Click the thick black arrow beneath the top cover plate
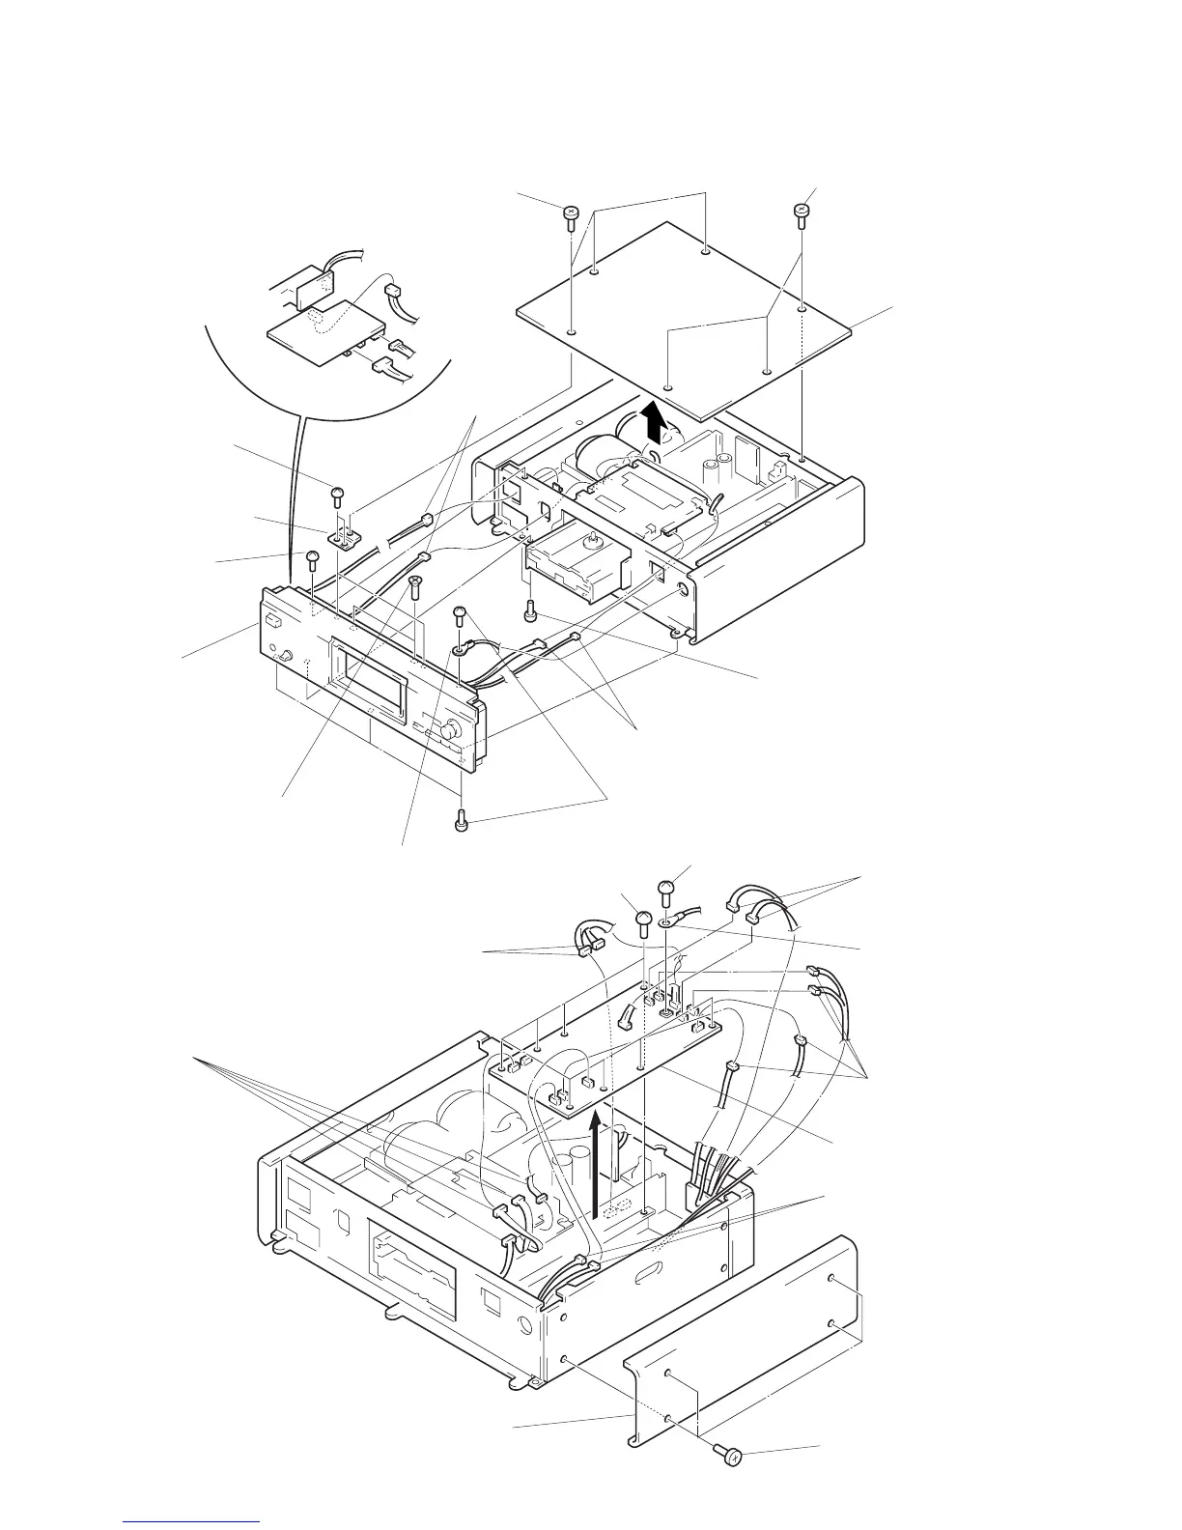click(x=656, y=422)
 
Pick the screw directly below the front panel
click(x=461, y=821)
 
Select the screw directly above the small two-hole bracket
click(x=337, y=496)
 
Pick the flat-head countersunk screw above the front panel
click(x=414, y=585)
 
